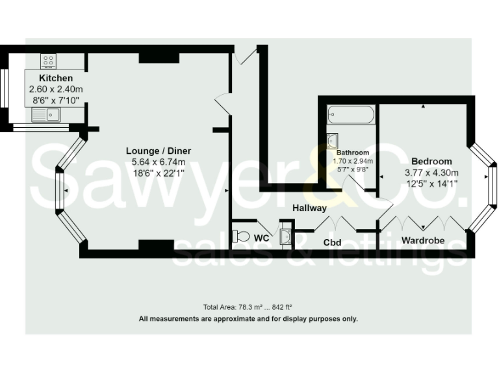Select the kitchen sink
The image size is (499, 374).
46,115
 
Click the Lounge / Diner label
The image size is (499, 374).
159,151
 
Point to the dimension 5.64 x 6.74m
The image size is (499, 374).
159,162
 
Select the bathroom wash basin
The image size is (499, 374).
333,140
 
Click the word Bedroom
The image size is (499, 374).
431,161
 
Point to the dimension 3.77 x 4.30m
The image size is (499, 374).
431,172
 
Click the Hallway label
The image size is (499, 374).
309,208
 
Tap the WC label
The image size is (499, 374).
261,238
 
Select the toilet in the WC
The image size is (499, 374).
240,236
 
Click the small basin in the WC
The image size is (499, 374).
285,236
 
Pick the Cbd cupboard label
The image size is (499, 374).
333,243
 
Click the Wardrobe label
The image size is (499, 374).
422,240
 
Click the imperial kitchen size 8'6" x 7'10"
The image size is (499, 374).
56,100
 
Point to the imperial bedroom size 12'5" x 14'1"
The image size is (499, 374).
431,183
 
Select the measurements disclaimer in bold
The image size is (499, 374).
248,319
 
